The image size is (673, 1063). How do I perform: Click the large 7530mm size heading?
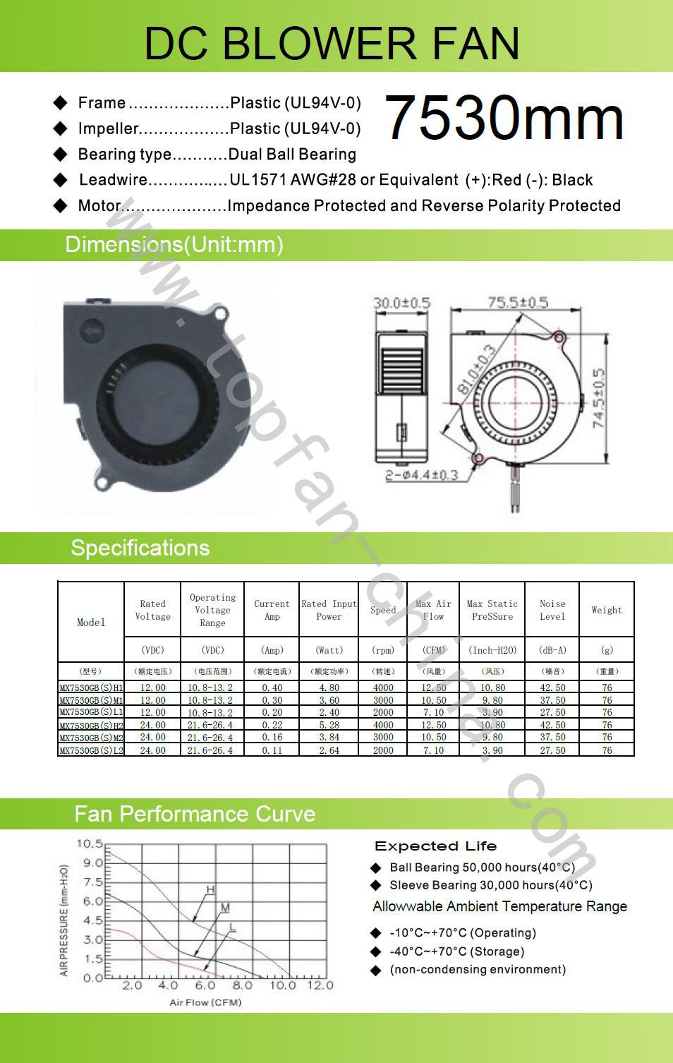click(x=504, y=118)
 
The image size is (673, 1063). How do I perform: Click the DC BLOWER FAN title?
click(x=332, y=43)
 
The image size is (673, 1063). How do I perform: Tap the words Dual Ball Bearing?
click(x=292, y=155)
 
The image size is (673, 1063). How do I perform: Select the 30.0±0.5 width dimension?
click(x=401, y=303)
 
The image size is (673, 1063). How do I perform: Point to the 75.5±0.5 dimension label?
click(x=517, y=302)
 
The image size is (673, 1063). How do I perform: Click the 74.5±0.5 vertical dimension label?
click(x=599, y=398)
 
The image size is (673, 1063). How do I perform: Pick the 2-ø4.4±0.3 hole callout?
click(x=421, y=475)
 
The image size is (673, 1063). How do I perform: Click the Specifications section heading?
click(x=140, y=548)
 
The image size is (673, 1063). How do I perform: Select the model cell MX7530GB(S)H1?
click(x=91, y=687)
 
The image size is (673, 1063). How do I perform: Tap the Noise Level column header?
click(x=552, y=610)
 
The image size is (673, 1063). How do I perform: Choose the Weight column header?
click(x=607, y=610)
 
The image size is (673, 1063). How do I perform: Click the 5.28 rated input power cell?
click(x=329, y=725)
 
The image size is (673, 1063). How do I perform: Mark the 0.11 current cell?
click(x=272, y=750)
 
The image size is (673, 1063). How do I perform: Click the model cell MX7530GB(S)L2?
click(x=91, y=750)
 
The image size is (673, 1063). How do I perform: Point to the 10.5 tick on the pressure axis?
click(x=90, y=843)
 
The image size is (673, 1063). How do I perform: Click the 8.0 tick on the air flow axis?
click(x=242, y=985)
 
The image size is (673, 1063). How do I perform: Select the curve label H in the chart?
click(x=210, y=889)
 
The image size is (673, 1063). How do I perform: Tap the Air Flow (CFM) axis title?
click(x=205, y=1002)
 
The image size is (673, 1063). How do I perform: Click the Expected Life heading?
click(x=435, y=846)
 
